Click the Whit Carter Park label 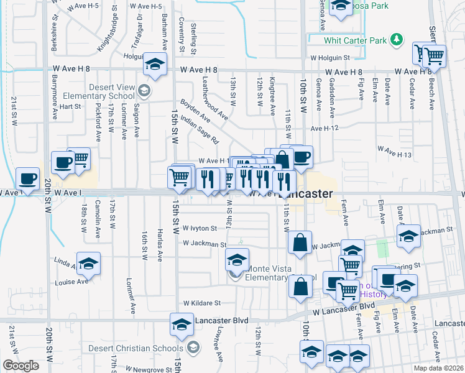(x=355, y=40)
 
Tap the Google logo (x=21, y=366)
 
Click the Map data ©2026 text (x=438, y=368)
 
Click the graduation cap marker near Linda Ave (x=88, y=263)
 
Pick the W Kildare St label (x=202, y=303)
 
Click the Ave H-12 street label (x=324, y=128)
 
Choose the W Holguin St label (x=333, y=57)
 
